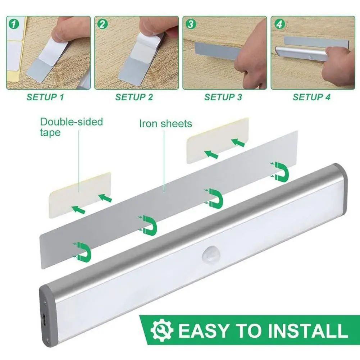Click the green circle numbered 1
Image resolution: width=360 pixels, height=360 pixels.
click(x=14, y=24)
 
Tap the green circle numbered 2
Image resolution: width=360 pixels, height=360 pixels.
click(x=102, y=24)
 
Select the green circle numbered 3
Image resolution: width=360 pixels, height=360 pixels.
click(x=191, y=24)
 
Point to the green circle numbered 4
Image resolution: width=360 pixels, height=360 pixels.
click(x=279, y=24)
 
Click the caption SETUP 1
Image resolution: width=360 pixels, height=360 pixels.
click(x=45, y=97)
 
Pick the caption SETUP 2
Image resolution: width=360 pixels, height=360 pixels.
click(x=134, y=97)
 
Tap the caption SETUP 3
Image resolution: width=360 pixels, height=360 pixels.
click(x=223, y=97)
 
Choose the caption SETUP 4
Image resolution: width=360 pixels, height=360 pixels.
click(x=311, y=97)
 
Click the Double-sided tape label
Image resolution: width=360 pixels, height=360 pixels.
click(x=72, y=127)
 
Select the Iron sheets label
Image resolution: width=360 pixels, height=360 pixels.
click(x=165, y=123)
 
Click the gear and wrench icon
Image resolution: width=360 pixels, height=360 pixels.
click(x=162, y=330)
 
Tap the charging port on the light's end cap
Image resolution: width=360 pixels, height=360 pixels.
click(x=44, y=320)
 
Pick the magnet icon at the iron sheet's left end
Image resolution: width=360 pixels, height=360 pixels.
click(x=82, y=252)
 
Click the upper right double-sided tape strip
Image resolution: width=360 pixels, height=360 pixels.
click(x=218, y=141)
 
